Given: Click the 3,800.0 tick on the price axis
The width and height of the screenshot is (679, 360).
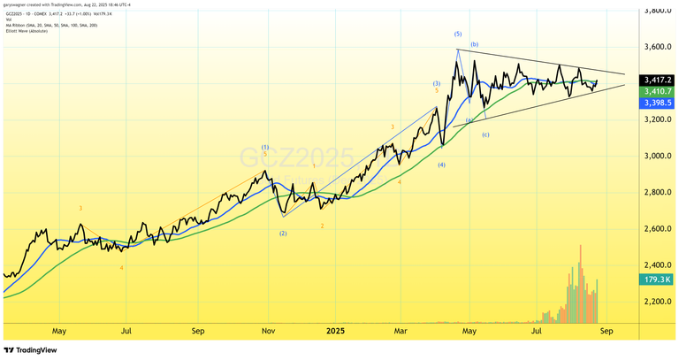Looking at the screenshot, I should (x=653, y=11).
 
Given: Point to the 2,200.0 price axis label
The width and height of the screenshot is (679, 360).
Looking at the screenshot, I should (x=653, y=302).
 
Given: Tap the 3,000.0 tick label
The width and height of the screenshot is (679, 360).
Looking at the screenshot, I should (x=653, y=156).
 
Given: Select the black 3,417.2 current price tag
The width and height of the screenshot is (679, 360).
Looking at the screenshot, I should (x=654, y=79).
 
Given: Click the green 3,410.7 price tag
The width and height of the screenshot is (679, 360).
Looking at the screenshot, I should (x=654, y=90).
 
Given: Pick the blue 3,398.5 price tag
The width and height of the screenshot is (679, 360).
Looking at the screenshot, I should (x=654, y=103).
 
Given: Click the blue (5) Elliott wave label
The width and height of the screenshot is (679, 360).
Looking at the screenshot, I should (x=458, y=34).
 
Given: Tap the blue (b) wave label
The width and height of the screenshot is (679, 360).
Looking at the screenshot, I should (x=475, y=44).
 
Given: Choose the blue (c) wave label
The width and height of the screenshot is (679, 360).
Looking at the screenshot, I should (x=485, y=134).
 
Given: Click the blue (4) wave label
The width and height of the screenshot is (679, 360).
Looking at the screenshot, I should (x=441, y=165).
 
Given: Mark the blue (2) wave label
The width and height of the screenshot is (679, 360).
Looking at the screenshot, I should (x=283, y=234).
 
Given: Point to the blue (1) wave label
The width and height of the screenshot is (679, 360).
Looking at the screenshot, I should (x=265, y=147).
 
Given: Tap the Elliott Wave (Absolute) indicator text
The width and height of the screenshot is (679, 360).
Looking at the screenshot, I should (x=31, y=31).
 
